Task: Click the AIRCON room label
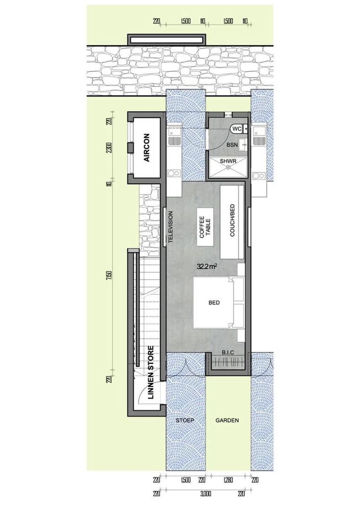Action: (146, 148)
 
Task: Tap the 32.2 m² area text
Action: (207, 266)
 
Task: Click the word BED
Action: (214, 303)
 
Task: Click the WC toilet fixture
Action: (237, 130)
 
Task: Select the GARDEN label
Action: (227, 421)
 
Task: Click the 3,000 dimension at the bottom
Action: (205, 494)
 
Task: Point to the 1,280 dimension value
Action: (228, 480)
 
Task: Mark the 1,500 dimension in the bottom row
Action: (185, 480)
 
